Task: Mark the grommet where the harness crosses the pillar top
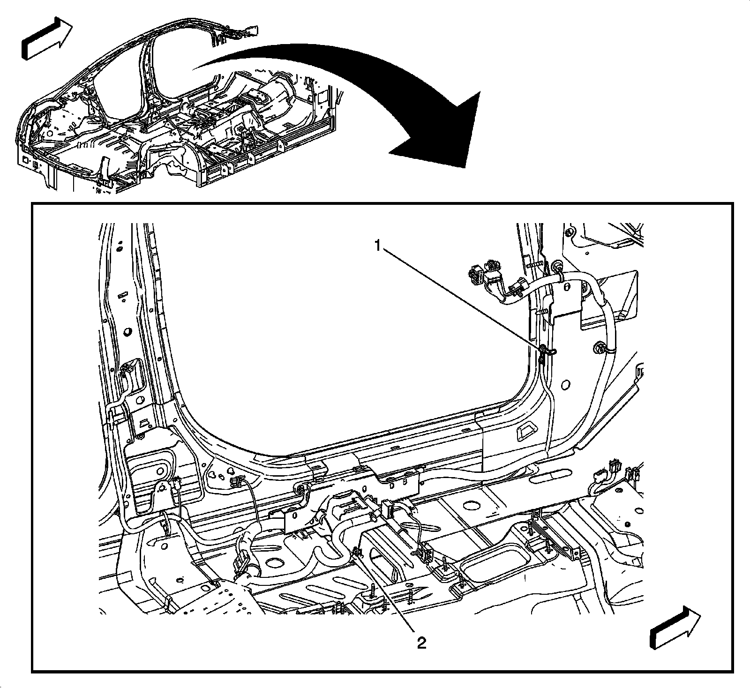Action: coord(559,267)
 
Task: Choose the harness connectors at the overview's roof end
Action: coord(239,32)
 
